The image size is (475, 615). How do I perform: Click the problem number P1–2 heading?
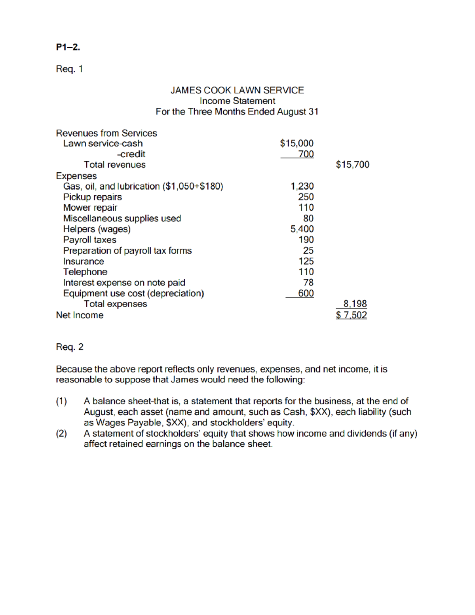tap(68, 47)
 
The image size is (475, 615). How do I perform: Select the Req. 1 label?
tap(69, 69)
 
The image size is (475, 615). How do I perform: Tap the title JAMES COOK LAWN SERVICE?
tap(237, 90)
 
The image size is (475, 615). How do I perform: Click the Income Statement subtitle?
tap(237, 101)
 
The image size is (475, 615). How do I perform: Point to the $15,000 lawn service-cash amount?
tap(296, 143)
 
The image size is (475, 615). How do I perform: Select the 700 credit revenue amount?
tap(306, 154)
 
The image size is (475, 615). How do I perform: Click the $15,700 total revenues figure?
tap(352, 165)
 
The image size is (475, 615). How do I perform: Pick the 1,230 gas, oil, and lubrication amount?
tap(302, 186)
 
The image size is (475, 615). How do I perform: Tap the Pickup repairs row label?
tap(93, 197)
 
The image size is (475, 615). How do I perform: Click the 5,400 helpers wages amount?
tap(302, 229)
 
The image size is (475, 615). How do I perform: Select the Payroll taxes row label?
tap(90, 240)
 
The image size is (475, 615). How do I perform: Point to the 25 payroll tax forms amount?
tap(308, 250)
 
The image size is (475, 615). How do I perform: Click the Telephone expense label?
tap(85, 272)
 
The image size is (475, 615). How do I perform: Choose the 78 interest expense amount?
tap(308, 282)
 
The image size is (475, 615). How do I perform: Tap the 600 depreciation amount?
tap(306, 293)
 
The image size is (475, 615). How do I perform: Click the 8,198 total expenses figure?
tap(355, 304)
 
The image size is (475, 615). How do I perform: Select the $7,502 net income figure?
tap(351, 315)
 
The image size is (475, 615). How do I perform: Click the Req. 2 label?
tap(70, 347)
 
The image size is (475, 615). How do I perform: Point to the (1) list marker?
tap(61, 401)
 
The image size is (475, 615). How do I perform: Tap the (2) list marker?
tap(61, 433)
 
